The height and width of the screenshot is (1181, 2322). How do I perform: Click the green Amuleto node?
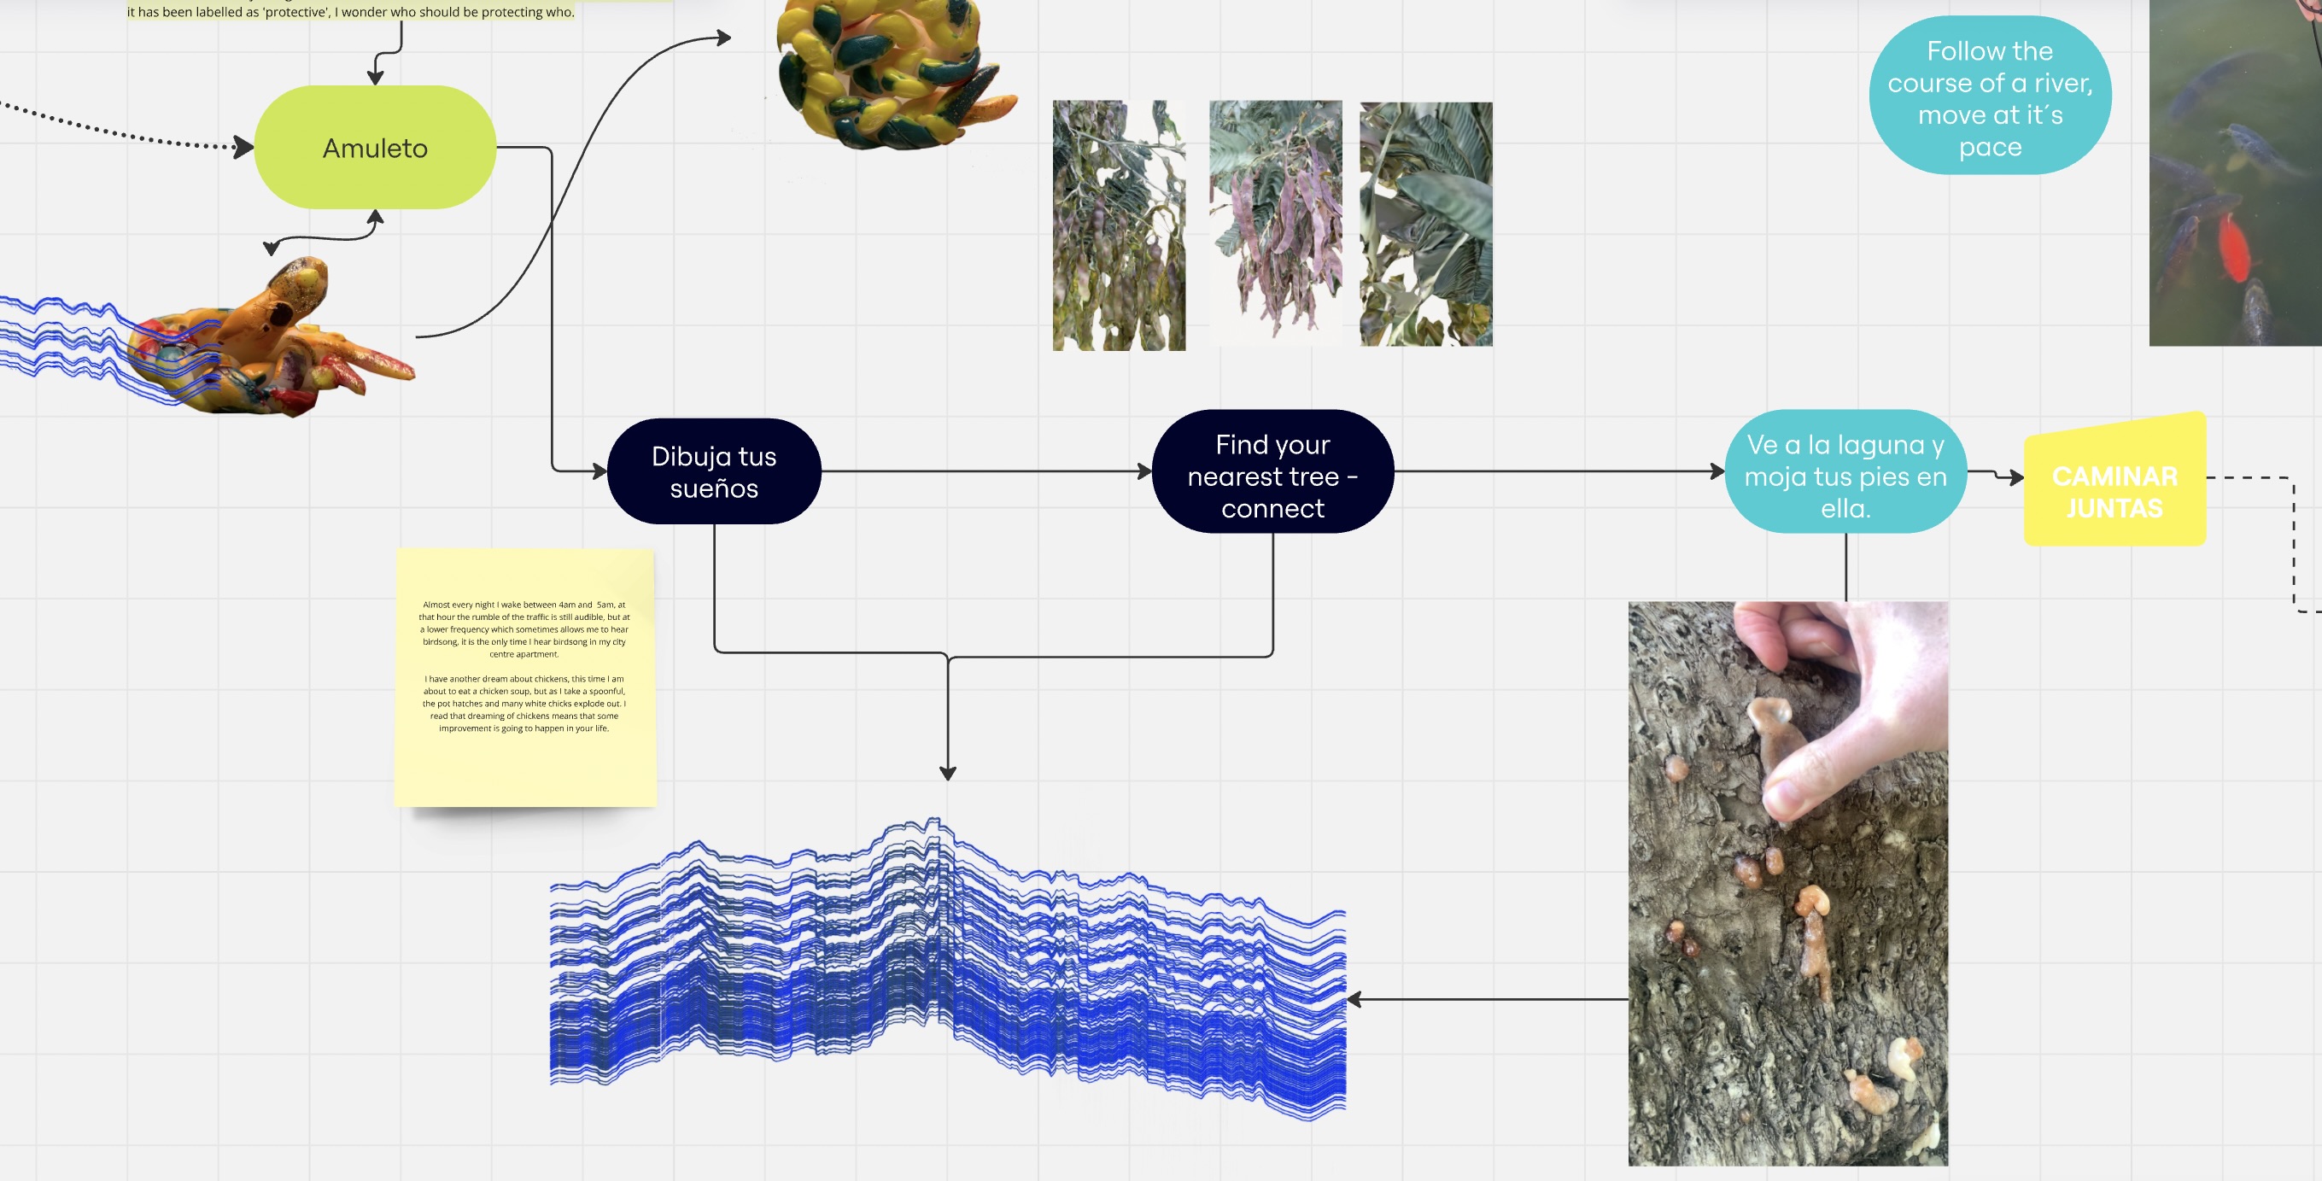375,147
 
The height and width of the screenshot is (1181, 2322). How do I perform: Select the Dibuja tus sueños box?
714,471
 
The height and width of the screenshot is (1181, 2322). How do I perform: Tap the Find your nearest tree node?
1272,471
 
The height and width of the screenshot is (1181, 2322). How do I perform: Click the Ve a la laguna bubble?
1845,471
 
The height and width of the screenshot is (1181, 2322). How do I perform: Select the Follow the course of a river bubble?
1991,96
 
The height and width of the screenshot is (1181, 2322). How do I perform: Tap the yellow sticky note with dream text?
525,677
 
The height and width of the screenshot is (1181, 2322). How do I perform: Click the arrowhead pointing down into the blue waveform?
947,773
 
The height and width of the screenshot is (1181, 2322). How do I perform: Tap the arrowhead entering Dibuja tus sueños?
600,471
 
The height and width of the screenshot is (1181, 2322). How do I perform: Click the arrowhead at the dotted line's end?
243,147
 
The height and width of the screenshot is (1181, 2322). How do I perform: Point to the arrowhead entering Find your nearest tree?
1145,471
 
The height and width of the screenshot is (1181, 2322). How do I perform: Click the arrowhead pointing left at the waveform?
1354,999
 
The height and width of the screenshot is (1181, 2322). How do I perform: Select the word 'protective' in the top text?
295,12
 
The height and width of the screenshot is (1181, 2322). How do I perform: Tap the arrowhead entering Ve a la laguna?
1717,471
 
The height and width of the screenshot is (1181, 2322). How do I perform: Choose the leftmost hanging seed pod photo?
1119,225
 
